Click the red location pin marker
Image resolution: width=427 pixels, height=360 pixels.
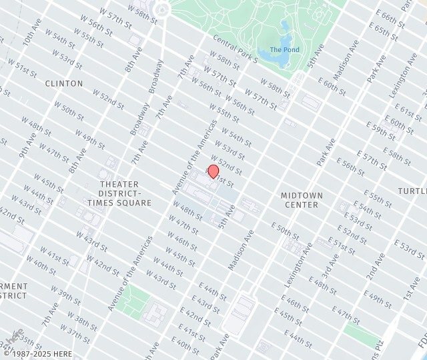pos(213,171)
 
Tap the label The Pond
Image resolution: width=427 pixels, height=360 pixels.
pos(284,50)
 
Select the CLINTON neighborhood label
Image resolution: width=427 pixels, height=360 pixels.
pos(64,83)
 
